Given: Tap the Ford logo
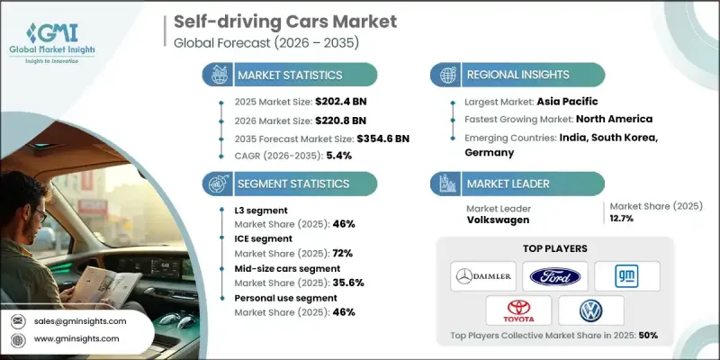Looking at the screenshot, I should pos(554,274).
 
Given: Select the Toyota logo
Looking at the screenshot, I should pos(517,310).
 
